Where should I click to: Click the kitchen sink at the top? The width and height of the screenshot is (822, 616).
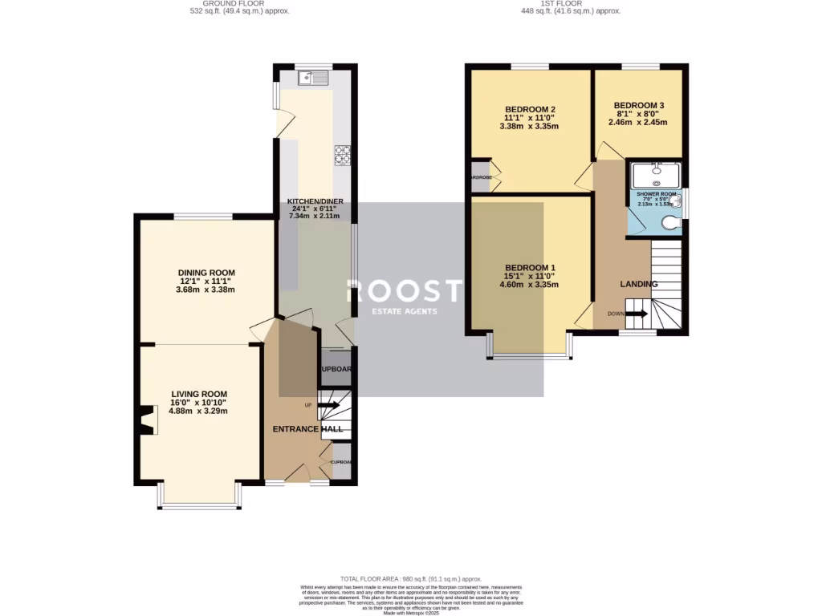[313, 78]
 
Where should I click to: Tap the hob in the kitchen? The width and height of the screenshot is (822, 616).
[343, 154]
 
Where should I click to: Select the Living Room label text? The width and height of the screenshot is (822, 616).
[198, 394]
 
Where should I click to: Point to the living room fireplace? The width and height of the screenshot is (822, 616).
[145, 419]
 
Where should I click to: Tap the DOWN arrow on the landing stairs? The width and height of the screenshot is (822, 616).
[636, 314]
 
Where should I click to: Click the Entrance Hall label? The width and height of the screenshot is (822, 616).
[307, 429]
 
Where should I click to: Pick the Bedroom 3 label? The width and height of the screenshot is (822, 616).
[639, 105]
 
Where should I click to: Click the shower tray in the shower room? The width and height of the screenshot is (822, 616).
[656, 174]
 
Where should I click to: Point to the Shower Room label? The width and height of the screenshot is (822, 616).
[656, 194]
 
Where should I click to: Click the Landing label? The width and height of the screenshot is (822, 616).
[639, 284]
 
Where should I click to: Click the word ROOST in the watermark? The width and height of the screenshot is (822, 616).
[405, 291]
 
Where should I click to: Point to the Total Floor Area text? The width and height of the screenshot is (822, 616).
[410, 578]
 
